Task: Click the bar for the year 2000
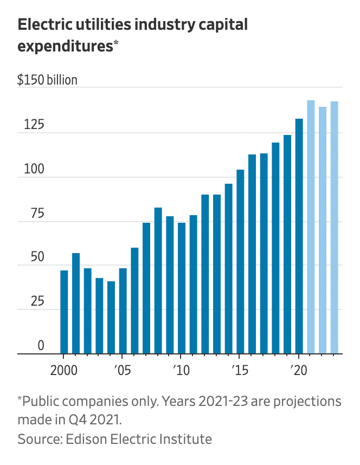click(x=64, y=312)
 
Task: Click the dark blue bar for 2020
click(x=299, y=236)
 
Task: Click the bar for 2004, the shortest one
click(x=111, y=317)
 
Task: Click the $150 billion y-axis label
click(x=47, y=80)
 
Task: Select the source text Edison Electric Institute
click(x=138, y=438)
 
